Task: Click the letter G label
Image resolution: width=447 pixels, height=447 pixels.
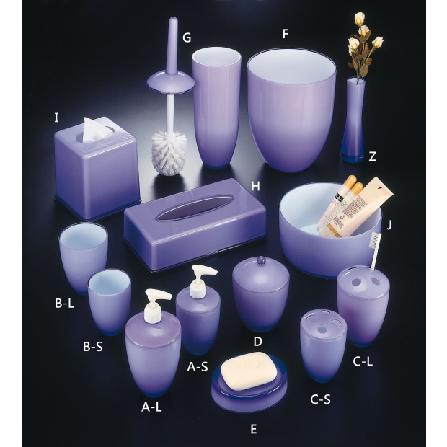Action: click(x=187, y=37)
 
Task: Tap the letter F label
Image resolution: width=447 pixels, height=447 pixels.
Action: click(x=286, y=34)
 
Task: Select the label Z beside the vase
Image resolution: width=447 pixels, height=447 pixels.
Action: click(x=372, y=156)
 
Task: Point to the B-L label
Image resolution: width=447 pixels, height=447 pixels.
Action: click(x=64, y=303)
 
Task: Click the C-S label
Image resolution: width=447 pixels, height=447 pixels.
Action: click(x=320, y=399)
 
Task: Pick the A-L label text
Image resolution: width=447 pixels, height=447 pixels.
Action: click(x=151, y=407)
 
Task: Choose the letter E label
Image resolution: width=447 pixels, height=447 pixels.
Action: click(x=254, y=429)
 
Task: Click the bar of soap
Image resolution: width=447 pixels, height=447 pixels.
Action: click(x=249, y=371)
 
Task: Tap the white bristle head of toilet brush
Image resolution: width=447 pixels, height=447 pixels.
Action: click(x=169, y=153)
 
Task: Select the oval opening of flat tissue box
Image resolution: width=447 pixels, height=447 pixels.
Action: click(x=195, y=207)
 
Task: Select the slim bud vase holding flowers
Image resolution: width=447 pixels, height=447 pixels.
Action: click(x=354, y=120)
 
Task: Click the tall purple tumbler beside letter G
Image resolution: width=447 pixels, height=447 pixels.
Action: click(x=216, y=108)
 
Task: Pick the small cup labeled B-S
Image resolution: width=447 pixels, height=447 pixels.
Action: click(x=110, y=301)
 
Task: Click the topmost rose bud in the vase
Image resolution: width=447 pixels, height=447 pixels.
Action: click(x=360, y=17)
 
